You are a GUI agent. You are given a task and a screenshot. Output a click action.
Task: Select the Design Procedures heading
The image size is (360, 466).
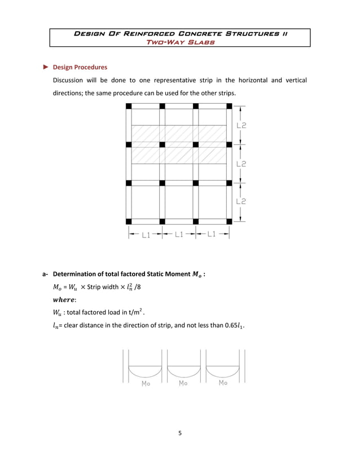80,67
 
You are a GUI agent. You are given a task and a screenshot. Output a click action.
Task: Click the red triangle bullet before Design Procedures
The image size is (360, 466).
47,67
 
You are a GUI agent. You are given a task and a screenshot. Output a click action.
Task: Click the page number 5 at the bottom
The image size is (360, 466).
179,433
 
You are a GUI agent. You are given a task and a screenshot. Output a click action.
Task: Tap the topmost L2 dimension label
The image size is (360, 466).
240,126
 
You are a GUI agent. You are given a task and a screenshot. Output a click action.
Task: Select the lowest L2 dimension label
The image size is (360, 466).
240,201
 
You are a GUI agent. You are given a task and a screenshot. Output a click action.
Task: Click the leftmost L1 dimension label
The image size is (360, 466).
146,235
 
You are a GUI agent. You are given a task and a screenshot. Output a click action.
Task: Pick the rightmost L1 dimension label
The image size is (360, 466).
212,235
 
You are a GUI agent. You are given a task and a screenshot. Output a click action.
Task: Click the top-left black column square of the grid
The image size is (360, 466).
129,106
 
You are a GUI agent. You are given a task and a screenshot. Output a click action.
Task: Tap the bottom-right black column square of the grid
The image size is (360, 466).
229,221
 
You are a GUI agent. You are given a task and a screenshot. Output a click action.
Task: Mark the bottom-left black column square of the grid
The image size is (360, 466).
129,221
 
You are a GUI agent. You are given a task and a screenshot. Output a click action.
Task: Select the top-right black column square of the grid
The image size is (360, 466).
229,106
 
